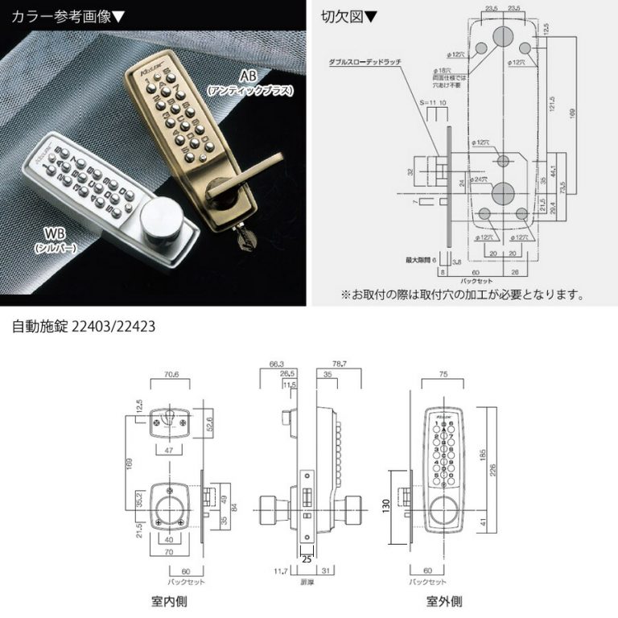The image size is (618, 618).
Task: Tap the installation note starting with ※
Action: [462, 295]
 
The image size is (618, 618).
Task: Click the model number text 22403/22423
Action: [113, 328]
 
